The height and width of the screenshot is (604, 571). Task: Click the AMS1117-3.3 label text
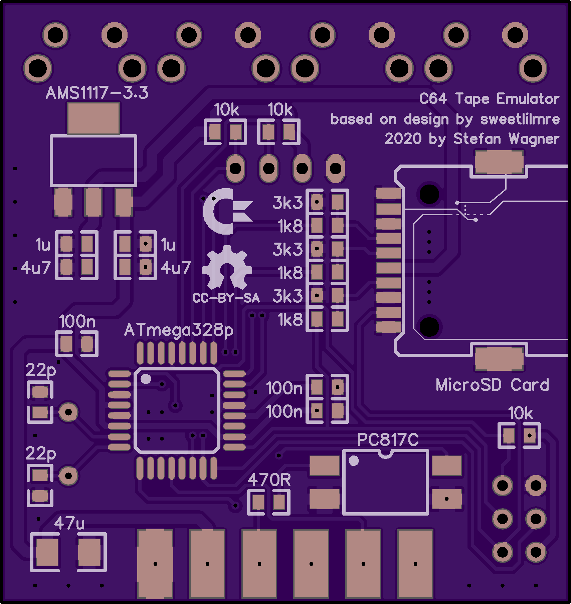(x=97, y=93)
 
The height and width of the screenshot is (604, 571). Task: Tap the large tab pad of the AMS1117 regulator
(x=93, y=118)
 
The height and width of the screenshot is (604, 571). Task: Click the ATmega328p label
(x=179, y=330)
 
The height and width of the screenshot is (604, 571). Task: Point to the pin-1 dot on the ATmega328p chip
(x=146, y=379)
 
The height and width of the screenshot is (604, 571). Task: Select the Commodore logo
(x=227, y=211)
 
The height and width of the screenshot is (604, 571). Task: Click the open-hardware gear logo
(x=227, y=267)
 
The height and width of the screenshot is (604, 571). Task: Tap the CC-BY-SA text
(x=226, y=298)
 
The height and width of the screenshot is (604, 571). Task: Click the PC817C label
(x=388, y=439)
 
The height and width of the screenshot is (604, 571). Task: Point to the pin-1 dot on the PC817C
(x=354, y=461)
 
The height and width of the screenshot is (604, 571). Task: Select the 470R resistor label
(x=269, y=480)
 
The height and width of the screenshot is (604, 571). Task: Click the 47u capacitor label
(x=69, y=523)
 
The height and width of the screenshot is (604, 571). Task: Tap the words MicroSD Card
(x=493, y=385)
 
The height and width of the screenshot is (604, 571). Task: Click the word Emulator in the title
(x=528, y=99)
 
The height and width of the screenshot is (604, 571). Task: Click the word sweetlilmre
(x=520, y=119)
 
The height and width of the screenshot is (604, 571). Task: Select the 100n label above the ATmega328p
(x=77, y=321)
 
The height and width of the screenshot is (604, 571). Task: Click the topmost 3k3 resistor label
(x=288, y=203)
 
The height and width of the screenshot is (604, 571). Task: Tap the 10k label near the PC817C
(x=521, y=413)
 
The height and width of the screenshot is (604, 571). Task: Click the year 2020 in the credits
(x=403, y=139)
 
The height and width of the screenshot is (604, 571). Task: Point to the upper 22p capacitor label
(x=41, y=370)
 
